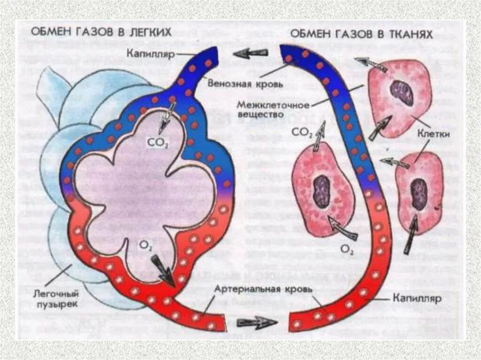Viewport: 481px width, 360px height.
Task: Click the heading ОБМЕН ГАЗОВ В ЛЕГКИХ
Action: (x=101, y=32)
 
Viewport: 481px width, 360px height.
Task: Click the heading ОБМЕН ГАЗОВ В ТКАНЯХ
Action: (x=361, y=34)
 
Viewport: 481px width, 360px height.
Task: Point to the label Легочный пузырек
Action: (x=55, y=299)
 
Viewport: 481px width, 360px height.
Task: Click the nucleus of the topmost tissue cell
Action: (x=402, y=92)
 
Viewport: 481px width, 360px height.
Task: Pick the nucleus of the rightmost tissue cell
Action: (x=418, y=194)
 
